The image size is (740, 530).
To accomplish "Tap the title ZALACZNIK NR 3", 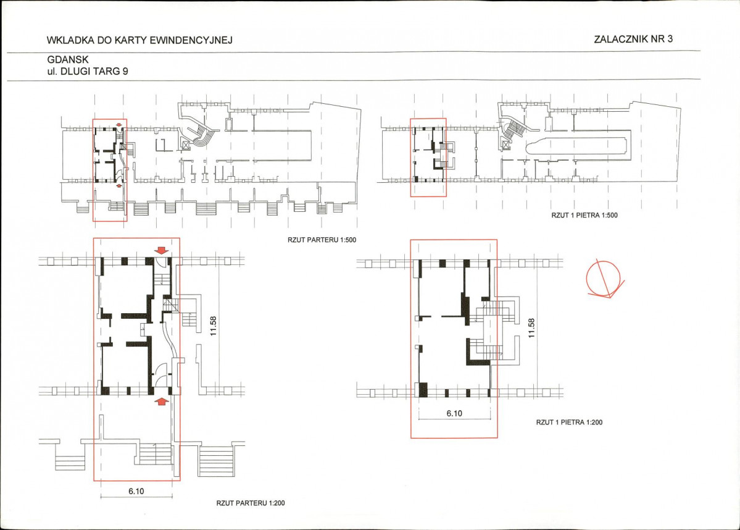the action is tap(633, 39).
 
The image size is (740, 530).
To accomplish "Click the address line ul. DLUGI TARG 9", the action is tap(88, 71).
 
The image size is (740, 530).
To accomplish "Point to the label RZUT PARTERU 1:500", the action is tap(322, 240).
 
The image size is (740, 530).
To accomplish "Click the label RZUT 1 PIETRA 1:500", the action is tap(584, 216).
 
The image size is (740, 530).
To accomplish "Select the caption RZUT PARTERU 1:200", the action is tap(251, 503).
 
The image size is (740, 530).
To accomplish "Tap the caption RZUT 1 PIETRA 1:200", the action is tap(569, 423).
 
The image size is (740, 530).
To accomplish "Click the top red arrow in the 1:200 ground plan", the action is tap(162, 250).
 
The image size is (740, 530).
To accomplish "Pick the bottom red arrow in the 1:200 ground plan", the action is tap(162, 401).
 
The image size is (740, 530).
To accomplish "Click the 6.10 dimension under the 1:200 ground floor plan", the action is tap(136, 491).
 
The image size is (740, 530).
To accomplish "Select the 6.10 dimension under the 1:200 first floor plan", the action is tap(454, 413).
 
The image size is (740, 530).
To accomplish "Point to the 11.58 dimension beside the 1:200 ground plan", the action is tap(214, 326).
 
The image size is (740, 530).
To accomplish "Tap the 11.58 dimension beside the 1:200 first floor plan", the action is tap(532, 328).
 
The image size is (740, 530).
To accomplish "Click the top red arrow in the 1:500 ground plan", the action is tap(118, 125).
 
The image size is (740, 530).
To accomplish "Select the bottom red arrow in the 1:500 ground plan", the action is tap(119, 186).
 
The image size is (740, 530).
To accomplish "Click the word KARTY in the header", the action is tap(130, 40).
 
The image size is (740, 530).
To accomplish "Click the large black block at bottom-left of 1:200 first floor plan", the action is tap(423, 390).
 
